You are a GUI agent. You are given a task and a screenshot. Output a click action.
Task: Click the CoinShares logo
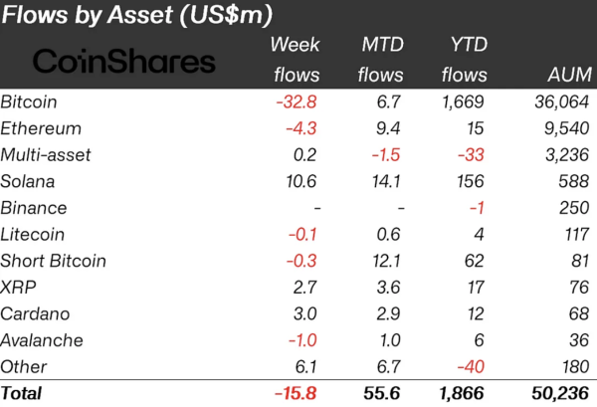click(124, 62)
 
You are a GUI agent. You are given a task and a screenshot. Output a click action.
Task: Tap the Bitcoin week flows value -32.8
click(298, 102)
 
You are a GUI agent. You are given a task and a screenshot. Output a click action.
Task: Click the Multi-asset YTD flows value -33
click(471, 155)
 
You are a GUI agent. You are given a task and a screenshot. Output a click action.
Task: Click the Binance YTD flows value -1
click(478, 208)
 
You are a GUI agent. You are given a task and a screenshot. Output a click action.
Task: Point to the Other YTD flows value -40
click(471, 366)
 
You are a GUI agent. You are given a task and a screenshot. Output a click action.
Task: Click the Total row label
click(22, 394)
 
